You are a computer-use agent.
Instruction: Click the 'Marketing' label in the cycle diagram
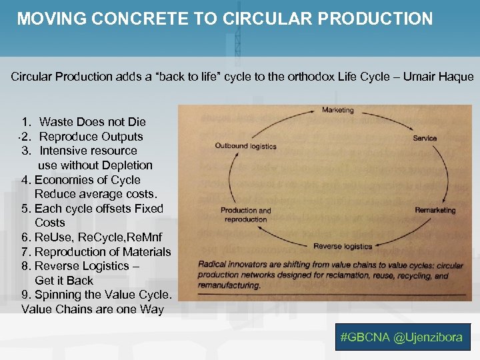(337, 110)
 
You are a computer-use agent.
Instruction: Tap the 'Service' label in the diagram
(425, 139)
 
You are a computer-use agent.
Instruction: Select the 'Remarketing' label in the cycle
(435, 210)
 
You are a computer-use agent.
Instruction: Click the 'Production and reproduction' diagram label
(246, 215)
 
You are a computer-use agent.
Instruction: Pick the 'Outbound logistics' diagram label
(245, 146)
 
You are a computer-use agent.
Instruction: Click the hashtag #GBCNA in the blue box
(365, 337)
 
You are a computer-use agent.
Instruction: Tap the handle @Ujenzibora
(428, 337)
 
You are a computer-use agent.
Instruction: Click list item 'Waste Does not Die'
(92, 122)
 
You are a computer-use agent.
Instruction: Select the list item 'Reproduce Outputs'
(91, 137)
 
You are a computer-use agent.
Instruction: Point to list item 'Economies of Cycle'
(87, 180)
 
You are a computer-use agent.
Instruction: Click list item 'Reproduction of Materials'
(102, 252)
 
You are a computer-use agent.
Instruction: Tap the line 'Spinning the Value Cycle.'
(103, 295)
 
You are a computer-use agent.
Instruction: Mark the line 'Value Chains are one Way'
(93, 309)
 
